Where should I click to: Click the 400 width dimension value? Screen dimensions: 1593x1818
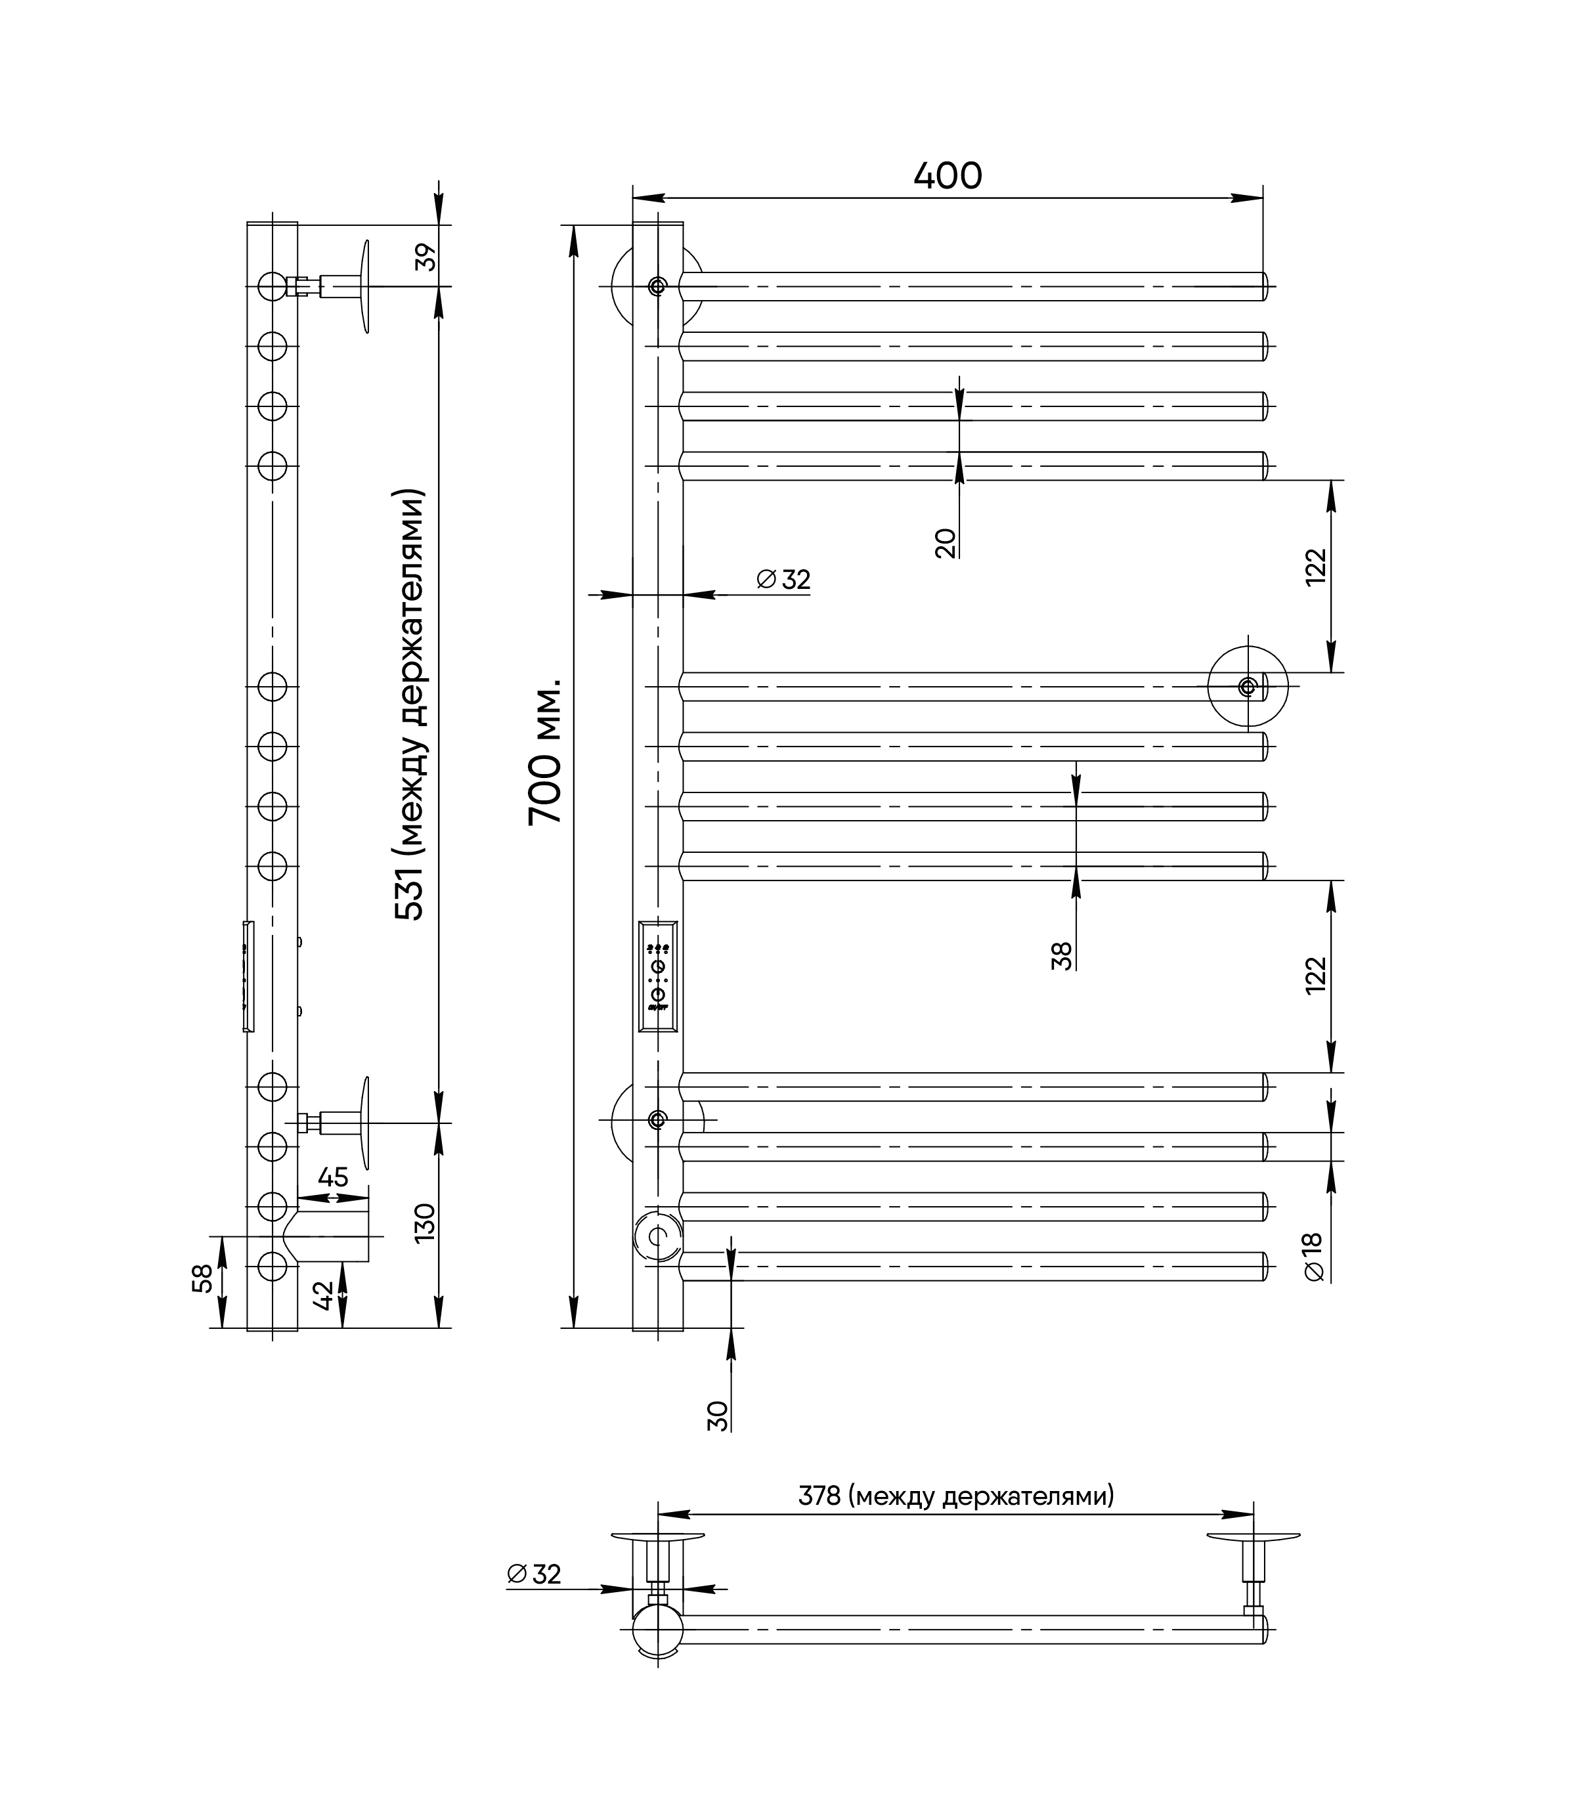(x=948, y=176)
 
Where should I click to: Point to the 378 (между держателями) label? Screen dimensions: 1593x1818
(x=955, y=1496)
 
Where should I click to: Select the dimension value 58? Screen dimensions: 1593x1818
(x=204, y=1278)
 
